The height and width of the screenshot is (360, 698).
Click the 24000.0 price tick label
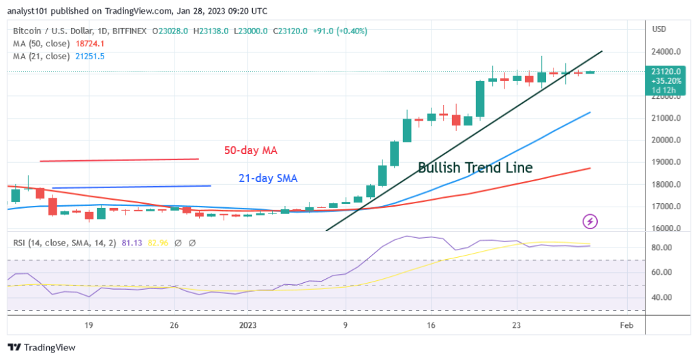(665, 52)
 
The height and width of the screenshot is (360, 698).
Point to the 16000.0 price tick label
(665, 228)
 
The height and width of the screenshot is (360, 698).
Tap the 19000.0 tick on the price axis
(665, 162)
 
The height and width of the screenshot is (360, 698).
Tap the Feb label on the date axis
(626, 325)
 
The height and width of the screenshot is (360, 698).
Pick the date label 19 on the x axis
(89, 325)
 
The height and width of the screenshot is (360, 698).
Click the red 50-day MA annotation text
(252, 150)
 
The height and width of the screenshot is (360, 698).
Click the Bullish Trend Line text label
(474, 167)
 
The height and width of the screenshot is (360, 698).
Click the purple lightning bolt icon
(590, 221)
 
